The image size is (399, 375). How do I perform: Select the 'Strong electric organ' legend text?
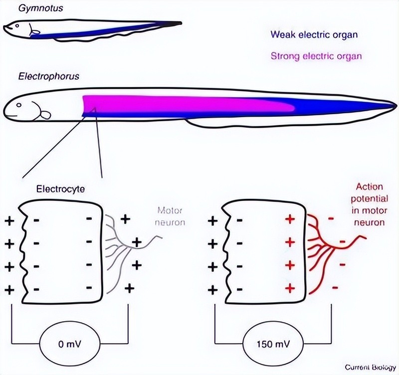point(316,56)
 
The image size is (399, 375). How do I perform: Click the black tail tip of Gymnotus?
point(175,23)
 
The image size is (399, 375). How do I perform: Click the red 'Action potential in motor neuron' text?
point(369,204)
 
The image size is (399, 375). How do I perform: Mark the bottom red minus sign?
point(335,287)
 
